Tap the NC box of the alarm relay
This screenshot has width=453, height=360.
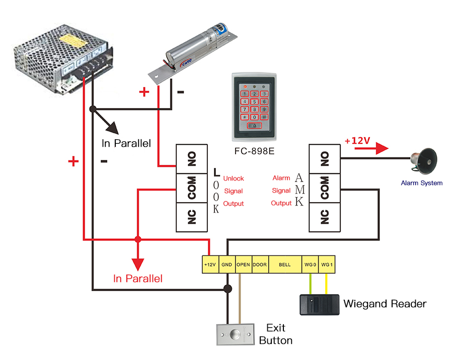click(325, 217)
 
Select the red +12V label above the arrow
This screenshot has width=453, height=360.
click(357, 141)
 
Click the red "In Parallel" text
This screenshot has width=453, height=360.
click(138, 279)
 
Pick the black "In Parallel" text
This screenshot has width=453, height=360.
click(126, 143)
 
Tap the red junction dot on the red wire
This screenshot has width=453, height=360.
click(138, 239)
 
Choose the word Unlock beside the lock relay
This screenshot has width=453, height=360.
click(234, 178)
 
